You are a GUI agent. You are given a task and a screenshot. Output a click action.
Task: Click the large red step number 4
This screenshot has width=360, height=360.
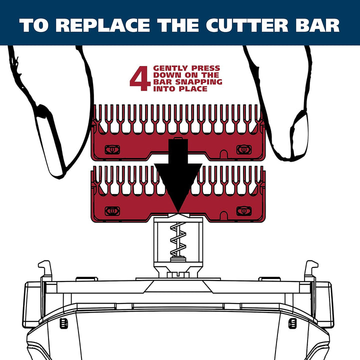(x=139, y=79)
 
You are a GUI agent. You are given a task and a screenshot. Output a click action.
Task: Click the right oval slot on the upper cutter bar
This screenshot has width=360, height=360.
(x=243, y=149)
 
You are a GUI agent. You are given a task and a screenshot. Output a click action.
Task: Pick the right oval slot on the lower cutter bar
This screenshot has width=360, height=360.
(x=243, y=210)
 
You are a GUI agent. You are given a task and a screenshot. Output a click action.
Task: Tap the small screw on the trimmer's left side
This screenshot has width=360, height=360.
(x=64, y=323)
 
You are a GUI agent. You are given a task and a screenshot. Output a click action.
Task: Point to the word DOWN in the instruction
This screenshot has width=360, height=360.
(x=163, y=75)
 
